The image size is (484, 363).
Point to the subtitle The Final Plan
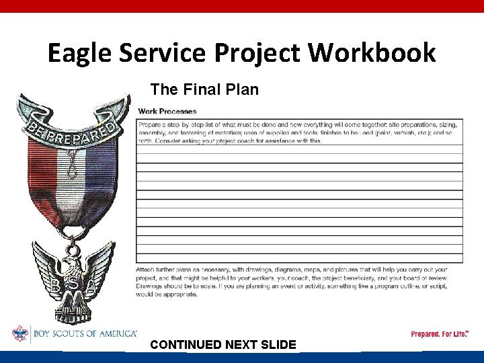pyautogui.click(x=204, y=89)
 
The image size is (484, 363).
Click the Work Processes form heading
pyautogui.click(x=167, y=111)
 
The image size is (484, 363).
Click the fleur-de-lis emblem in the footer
pyautogui.click(x=21, y=334)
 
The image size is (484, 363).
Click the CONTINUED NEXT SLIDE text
pyautogui.click(x=223, y=345)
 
